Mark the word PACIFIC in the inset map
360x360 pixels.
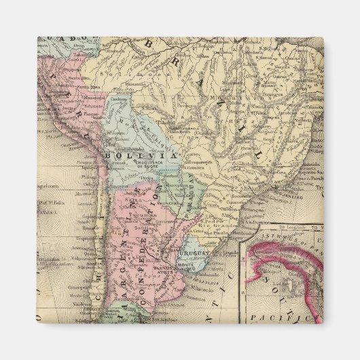(269, 317)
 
